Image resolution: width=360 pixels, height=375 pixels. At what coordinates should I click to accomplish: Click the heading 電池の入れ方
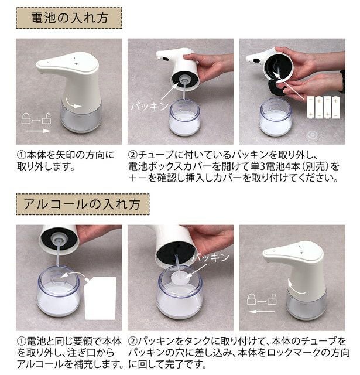click(x=70, y=18)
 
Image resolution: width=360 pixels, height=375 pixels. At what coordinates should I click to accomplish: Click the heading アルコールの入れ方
click(x=82, y=204)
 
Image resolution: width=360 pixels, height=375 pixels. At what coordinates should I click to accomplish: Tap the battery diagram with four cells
click(x=323, y=107)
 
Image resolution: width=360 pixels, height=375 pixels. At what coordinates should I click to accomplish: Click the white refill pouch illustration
click(x=100, y=298)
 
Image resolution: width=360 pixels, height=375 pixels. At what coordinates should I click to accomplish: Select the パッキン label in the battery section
click(x=149, y=106)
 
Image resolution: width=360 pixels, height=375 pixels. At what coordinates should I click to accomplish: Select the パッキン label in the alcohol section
click(x=211, y=257)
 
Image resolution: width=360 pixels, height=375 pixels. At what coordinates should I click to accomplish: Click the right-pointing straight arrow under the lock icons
click(x=37, y=131)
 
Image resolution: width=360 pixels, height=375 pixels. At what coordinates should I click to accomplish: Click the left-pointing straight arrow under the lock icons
click(x=261, y=312)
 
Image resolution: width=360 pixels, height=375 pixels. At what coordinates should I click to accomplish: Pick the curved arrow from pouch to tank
click(x=74, y=274)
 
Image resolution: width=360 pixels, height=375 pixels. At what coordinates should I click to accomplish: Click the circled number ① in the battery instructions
click(x=21, y=155)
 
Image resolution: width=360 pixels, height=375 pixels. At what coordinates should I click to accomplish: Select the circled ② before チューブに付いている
click(x=133, y=155)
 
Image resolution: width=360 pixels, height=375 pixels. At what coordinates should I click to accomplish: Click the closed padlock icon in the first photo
click(x=26, y=118)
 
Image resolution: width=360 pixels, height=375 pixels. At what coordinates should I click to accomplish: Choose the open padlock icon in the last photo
click(x=272, y=299)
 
